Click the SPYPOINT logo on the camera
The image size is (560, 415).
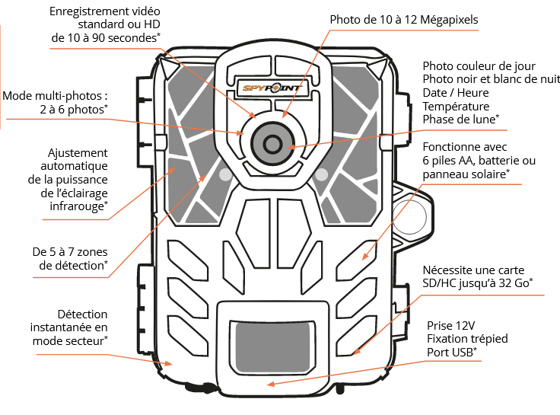tap(272, 88)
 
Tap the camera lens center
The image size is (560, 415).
tap(272, 141)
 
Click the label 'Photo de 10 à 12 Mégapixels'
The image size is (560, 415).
tap(404, 20)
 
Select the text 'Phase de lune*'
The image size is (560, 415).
tap(460, 120)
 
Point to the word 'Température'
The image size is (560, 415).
tap(456, 107)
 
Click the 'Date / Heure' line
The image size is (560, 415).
tap(457, 93)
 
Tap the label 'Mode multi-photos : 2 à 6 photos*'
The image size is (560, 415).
tap(55, 103)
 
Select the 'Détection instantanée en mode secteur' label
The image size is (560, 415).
tap(70, 327)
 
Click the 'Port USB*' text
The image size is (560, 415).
tap(452, 352)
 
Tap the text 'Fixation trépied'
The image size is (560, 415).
tap(467, 338)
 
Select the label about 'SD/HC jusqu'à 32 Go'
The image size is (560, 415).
tap(477, 276)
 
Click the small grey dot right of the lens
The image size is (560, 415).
tap(321, 174)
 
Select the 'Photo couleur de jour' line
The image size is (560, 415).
tap(479, 67)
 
